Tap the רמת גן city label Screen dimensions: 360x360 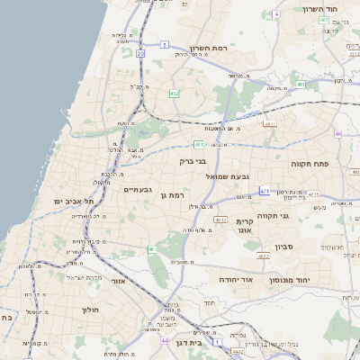(171, 194)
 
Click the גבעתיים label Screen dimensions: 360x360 (138, 189)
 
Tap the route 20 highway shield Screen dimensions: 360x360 (140, 54)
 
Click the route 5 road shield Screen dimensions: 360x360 (277, 14)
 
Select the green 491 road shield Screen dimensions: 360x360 (301, 85)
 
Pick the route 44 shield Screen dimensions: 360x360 (165, 341)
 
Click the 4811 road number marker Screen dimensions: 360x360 (270, 123)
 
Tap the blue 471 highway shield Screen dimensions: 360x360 (264, 192)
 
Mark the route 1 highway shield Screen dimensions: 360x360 (218, 343)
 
